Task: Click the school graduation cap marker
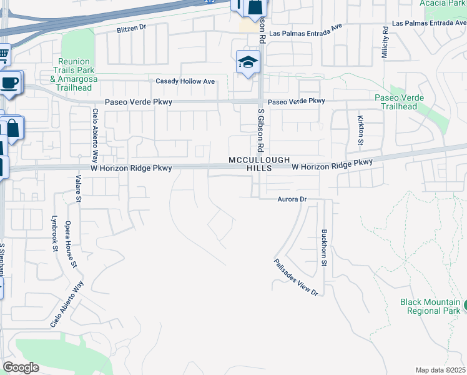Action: tap(248, 62)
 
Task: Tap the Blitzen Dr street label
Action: tap(131, 29)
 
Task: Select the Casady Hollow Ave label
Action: tap(185, 81)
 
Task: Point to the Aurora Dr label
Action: tap(293, 199)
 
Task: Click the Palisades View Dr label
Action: tap(296, 277)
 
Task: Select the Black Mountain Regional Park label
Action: tap(430, 306)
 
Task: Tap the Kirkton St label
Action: tap(360, 130)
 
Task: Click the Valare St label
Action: tap(79, 189)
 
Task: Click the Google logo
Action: tap(21, 367)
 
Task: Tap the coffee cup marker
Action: tap(9, 82)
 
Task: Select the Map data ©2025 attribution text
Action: tap(440, 370)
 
